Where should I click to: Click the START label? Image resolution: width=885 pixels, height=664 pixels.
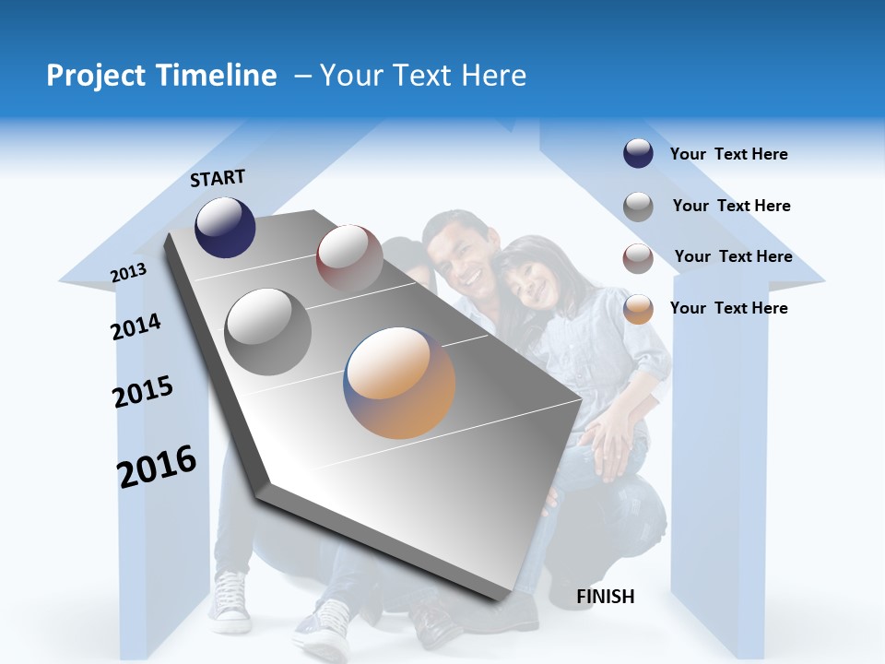(x=218, y=178)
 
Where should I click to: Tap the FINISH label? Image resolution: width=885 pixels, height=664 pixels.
(x=606, y=597)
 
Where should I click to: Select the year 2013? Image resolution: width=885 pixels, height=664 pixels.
(x=128, y=272)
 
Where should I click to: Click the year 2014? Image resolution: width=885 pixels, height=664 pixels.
(x=136, y=326)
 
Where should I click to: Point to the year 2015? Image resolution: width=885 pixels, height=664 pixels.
(x=143, y=392)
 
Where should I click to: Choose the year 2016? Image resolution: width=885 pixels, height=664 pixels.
(x=157, y=466)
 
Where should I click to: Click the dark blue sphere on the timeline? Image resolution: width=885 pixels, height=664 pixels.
(x=225, y=227)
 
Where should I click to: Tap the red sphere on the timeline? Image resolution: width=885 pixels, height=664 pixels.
(x=349, y=258)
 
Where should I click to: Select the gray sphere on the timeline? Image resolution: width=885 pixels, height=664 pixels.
(x=268, y=331)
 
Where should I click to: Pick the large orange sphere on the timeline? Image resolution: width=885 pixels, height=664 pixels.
(x=399, y=383)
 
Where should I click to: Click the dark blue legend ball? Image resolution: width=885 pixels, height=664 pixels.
(x=638, y=154)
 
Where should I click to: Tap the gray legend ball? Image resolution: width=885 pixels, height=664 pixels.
(x=638, y=207)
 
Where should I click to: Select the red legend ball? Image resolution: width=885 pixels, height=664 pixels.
(x=638, y=258)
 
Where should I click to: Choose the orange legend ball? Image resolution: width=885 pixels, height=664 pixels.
(x=638, y=309)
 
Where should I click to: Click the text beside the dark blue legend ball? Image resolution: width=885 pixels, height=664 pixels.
(x=728, y=154)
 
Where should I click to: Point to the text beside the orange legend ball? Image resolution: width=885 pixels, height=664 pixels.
(x=728, y=308)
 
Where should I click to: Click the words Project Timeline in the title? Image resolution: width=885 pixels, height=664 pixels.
(x=161, y=76)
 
